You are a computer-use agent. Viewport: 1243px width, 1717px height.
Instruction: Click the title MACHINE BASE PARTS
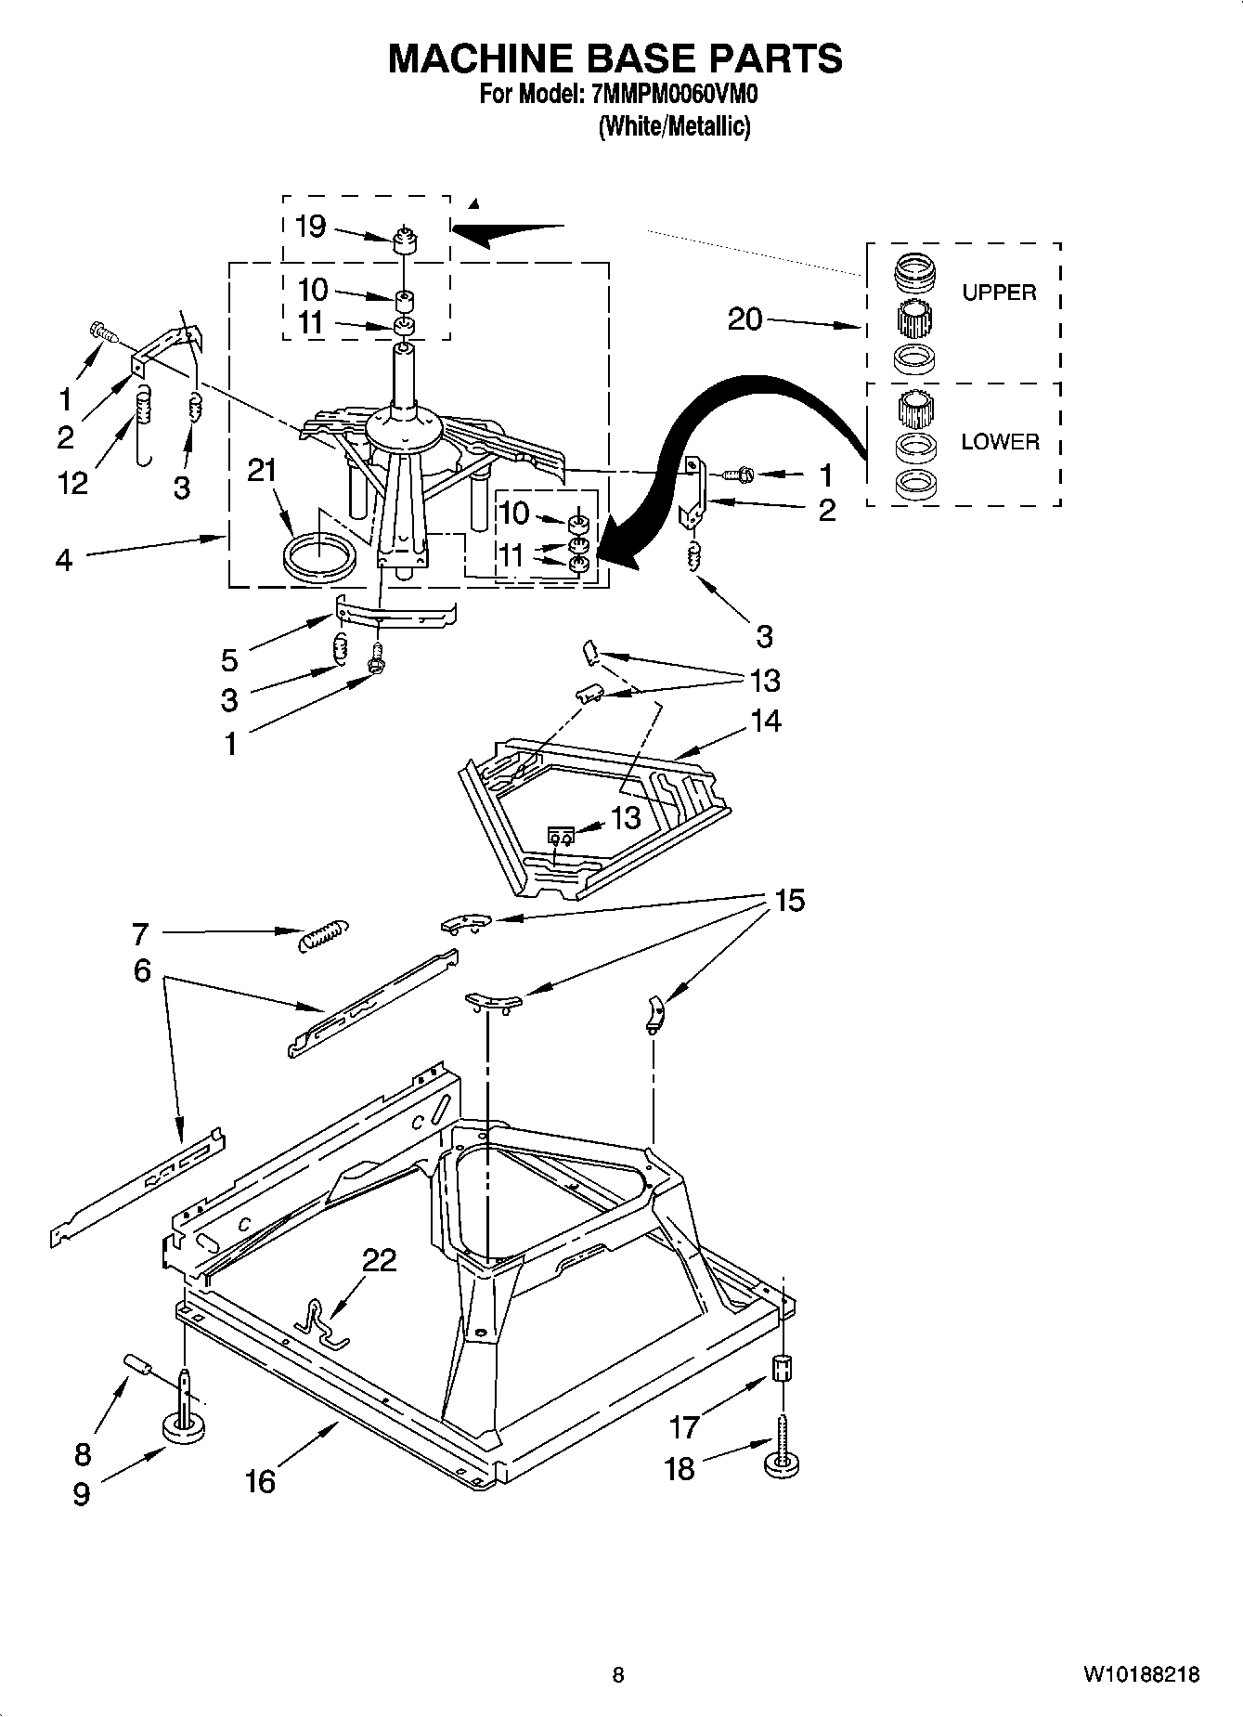[615, 58]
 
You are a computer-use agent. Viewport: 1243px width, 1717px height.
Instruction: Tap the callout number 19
[310, 226]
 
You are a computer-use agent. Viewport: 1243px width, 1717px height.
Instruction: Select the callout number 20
[745, 319]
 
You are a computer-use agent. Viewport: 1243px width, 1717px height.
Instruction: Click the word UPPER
[998, 293]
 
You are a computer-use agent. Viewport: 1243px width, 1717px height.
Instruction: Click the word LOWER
[1000, 442]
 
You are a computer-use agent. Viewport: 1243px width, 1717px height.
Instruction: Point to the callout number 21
[263, 471]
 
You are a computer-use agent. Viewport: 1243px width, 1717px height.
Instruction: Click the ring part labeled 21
[318, 557]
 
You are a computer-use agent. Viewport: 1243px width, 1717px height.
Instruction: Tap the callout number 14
[766, 721]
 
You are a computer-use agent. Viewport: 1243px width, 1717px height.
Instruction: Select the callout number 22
[379, 1260]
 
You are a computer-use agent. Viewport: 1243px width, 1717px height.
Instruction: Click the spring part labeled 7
[322, 934]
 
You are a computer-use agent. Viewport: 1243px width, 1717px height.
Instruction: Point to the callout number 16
[260, 1480]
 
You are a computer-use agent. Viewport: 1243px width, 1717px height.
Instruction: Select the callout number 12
[72, 483]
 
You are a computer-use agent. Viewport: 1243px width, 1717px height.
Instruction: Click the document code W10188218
[1140, 1675]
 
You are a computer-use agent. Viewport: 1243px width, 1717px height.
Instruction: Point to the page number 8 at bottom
[618, 1675]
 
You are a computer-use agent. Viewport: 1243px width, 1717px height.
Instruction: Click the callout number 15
[789, 901]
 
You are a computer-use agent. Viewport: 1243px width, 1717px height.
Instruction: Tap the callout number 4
[63, 560]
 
